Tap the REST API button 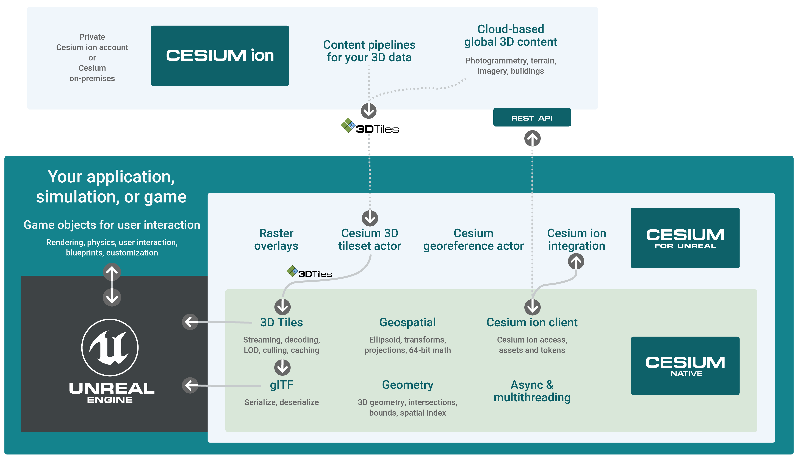[x=532, y=117]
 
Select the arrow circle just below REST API [x=532, y=138]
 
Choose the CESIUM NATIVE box [x=685, y=366]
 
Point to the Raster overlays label [x=276, y=239]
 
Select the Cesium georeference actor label [x=473, y=239]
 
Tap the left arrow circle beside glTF [x=190, y=385]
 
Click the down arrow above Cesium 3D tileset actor [x=370, y=218]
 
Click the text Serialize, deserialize [x=282, y=402]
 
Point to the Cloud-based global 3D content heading [x=511, y=35]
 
